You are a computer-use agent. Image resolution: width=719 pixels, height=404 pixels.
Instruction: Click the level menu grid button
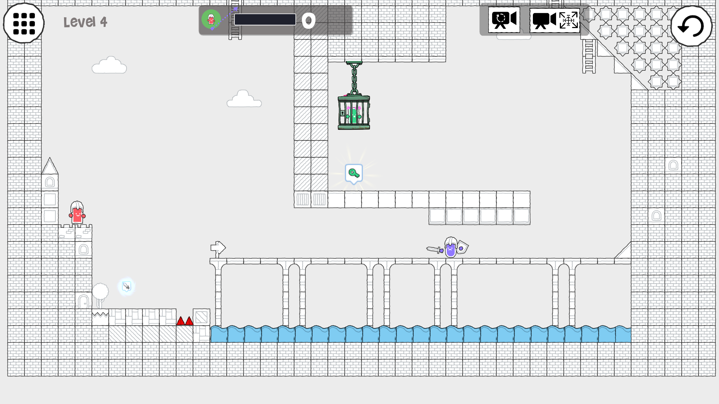pos(24,23)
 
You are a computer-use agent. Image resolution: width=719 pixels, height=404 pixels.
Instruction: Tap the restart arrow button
pos(691,26)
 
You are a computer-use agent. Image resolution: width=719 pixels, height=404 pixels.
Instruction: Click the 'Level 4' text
pos(85,22)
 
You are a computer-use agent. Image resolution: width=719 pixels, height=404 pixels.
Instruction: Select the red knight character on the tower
pos(77,212)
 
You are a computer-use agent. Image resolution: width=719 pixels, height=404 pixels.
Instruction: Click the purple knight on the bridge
pos(450,247)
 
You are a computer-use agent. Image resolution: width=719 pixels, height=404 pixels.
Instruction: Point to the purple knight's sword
pos(435,250)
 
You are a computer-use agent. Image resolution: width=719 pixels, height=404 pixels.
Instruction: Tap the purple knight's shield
pos(462,247)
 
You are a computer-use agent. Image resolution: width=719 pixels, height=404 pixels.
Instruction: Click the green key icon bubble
pos(354,174)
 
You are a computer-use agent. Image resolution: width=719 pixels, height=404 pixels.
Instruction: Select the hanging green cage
pos(354,112)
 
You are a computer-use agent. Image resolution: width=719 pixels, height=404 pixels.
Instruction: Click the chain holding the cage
pos(354,77)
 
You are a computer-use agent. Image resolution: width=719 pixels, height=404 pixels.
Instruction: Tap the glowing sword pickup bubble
pos(127,287)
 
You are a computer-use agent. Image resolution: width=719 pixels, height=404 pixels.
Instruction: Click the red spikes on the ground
pos(185,321)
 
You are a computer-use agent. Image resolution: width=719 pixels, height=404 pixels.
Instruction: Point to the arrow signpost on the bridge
pos(218,248)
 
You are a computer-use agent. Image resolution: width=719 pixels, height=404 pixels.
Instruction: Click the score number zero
pos(309,21)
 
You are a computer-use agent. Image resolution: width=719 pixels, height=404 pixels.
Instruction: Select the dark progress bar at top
pos(265,19)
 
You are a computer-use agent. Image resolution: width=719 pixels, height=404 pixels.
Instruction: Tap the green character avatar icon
pos(211,19)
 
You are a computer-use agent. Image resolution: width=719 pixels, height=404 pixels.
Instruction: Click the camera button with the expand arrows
pos(555,20)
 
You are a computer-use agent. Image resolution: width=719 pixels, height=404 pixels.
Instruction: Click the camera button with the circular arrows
pos(504,20)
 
